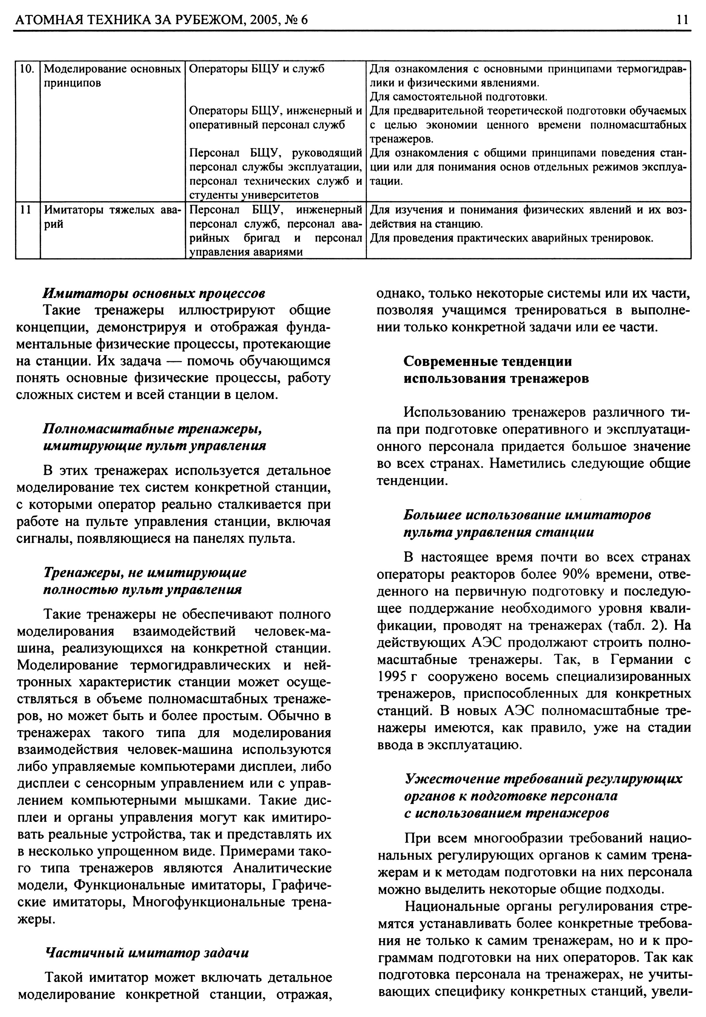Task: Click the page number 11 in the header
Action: click(682, 19)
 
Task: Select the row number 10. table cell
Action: click(27, 69)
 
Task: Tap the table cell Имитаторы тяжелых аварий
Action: click(113, 217)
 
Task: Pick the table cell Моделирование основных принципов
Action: click(113, 76)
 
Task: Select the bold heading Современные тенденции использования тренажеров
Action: click(495, 370)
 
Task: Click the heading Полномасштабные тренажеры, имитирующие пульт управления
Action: click(154, 437)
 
